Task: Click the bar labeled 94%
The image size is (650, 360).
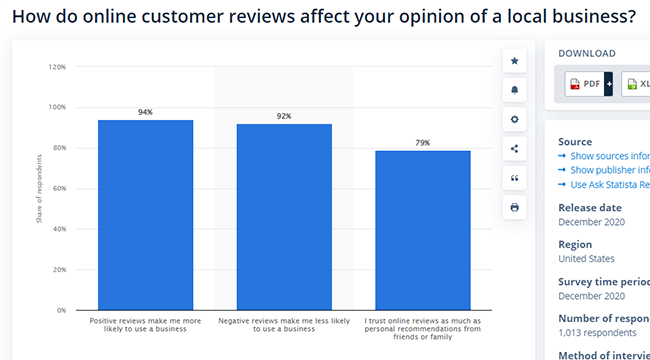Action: pos(145,215)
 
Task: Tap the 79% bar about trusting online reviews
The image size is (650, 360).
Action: pos(423,230)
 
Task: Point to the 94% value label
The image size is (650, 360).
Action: pos(145,112)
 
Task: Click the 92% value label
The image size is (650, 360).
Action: pos(284,116)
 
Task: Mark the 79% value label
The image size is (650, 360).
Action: pos(423,143)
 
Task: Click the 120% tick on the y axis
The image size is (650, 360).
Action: pos(57,67)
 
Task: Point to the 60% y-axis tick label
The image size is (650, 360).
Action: pos(58,189)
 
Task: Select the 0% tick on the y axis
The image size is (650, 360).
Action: pos(60,311)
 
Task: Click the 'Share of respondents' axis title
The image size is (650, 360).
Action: pos(39,188)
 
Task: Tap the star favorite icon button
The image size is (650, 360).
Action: pos(515,61)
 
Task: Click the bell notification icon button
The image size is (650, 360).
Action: pos(515,90)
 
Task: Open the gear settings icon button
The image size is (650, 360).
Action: pos(515,119)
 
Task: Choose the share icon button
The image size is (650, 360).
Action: pos(515,149)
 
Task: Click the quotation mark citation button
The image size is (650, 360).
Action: pos(515,178)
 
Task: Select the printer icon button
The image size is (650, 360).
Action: pos(515,207)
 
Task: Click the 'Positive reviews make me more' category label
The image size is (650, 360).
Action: pos(145,321)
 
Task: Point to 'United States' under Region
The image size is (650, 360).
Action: pos(586,259)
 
